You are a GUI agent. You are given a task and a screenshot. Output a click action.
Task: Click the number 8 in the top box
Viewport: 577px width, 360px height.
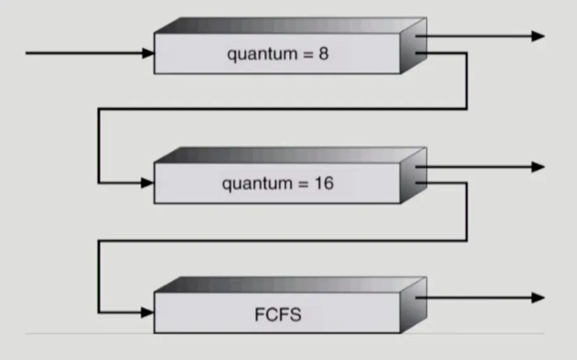323,54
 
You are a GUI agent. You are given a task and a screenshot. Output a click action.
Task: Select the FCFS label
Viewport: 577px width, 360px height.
278,315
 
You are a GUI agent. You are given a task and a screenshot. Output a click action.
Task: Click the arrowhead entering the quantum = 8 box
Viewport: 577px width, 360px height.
148,53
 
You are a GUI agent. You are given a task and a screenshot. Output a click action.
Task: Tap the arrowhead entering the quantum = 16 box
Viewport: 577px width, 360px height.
148,183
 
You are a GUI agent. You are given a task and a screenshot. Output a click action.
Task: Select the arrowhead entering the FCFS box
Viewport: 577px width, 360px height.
148,312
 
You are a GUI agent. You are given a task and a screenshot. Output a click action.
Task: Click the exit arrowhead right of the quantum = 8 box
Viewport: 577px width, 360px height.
538,36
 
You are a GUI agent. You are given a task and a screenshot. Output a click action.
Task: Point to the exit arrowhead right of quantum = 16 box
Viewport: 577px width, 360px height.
538,167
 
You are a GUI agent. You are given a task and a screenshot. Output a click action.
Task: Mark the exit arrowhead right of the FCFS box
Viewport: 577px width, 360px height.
538,297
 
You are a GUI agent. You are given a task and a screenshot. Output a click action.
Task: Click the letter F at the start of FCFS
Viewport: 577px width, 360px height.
259,315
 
